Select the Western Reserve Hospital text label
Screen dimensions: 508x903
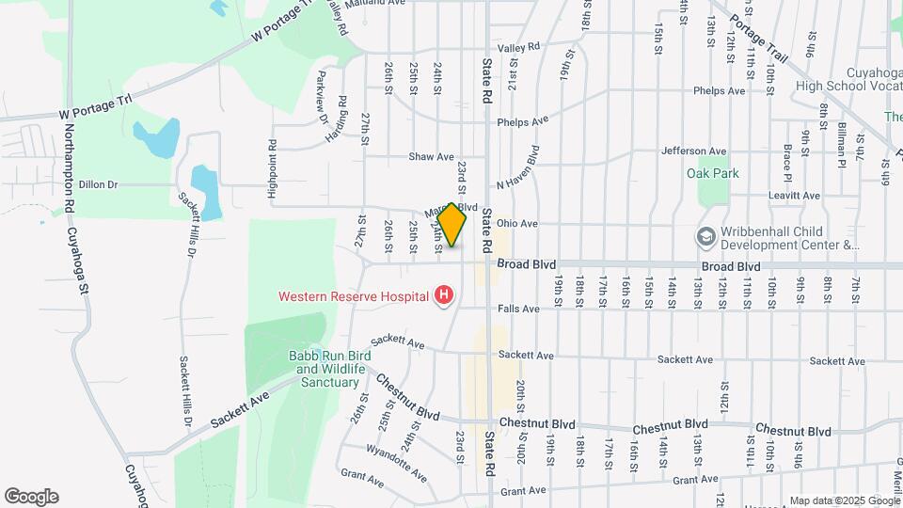[353, 296]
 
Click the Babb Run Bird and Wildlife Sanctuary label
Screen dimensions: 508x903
[328, 369]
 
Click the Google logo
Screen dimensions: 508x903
[31, 497]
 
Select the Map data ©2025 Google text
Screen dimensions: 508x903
[844, 500]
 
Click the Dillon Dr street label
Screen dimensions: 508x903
[98, 185]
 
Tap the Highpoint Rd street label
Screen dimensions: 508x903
[273, 169]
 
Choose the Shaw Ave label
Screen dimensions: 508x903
[432, 157]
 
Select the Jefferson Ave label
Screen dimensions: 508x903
[694, 151]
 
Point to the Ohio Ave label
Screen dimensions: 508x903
[517, 224]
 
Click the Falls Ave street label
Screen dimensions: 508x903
[519, 309]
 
